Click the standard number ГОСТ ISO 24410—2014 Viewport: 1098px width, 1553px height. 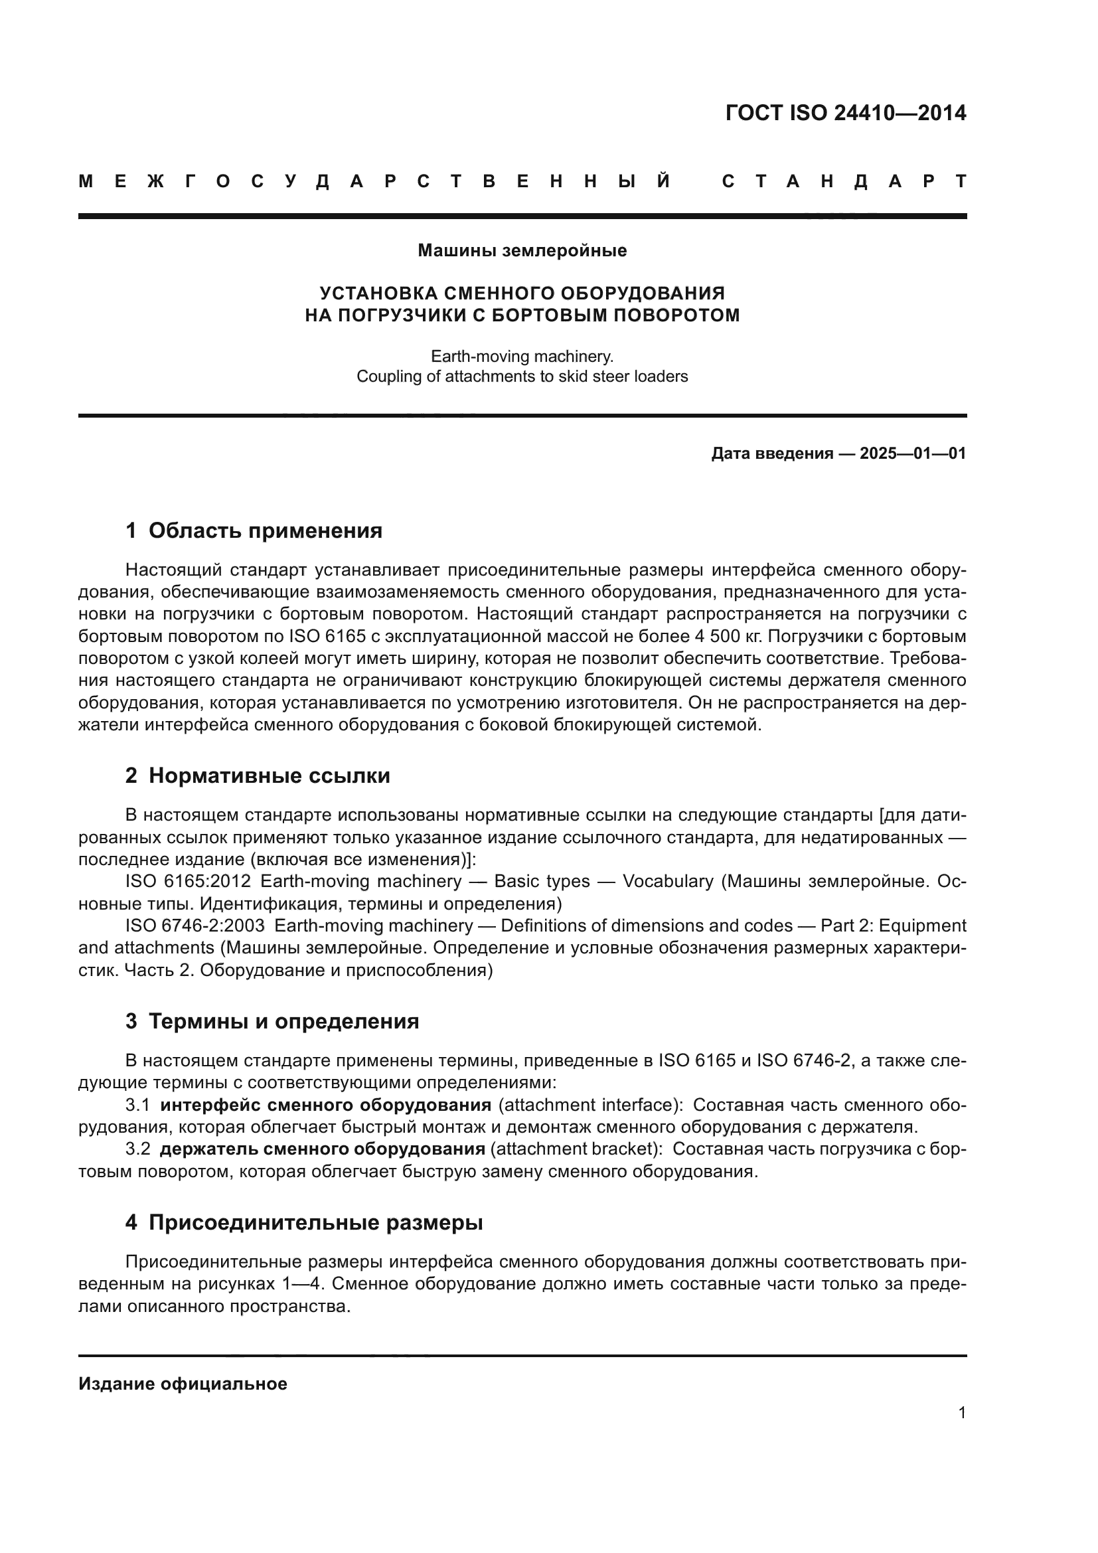(845, 113)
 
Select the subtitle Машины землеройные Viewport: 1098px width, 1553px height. (522, 251)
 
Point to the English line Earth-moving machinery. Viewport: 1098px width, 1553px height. (522, 357)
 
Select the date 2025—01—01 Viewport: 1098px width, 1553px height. (913, 454)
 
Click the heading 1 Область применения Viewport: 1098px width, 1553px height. (254, 531)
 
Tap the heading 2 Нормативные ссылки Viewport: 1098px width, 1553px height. (258, 776)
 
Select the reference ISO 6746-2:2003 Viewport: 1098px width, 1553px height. (195, 926)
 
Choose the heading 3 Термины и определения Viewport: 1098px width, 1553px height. (272, 1021)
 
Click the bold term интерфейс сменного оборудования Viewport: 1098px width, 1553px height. (325, 1105)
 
